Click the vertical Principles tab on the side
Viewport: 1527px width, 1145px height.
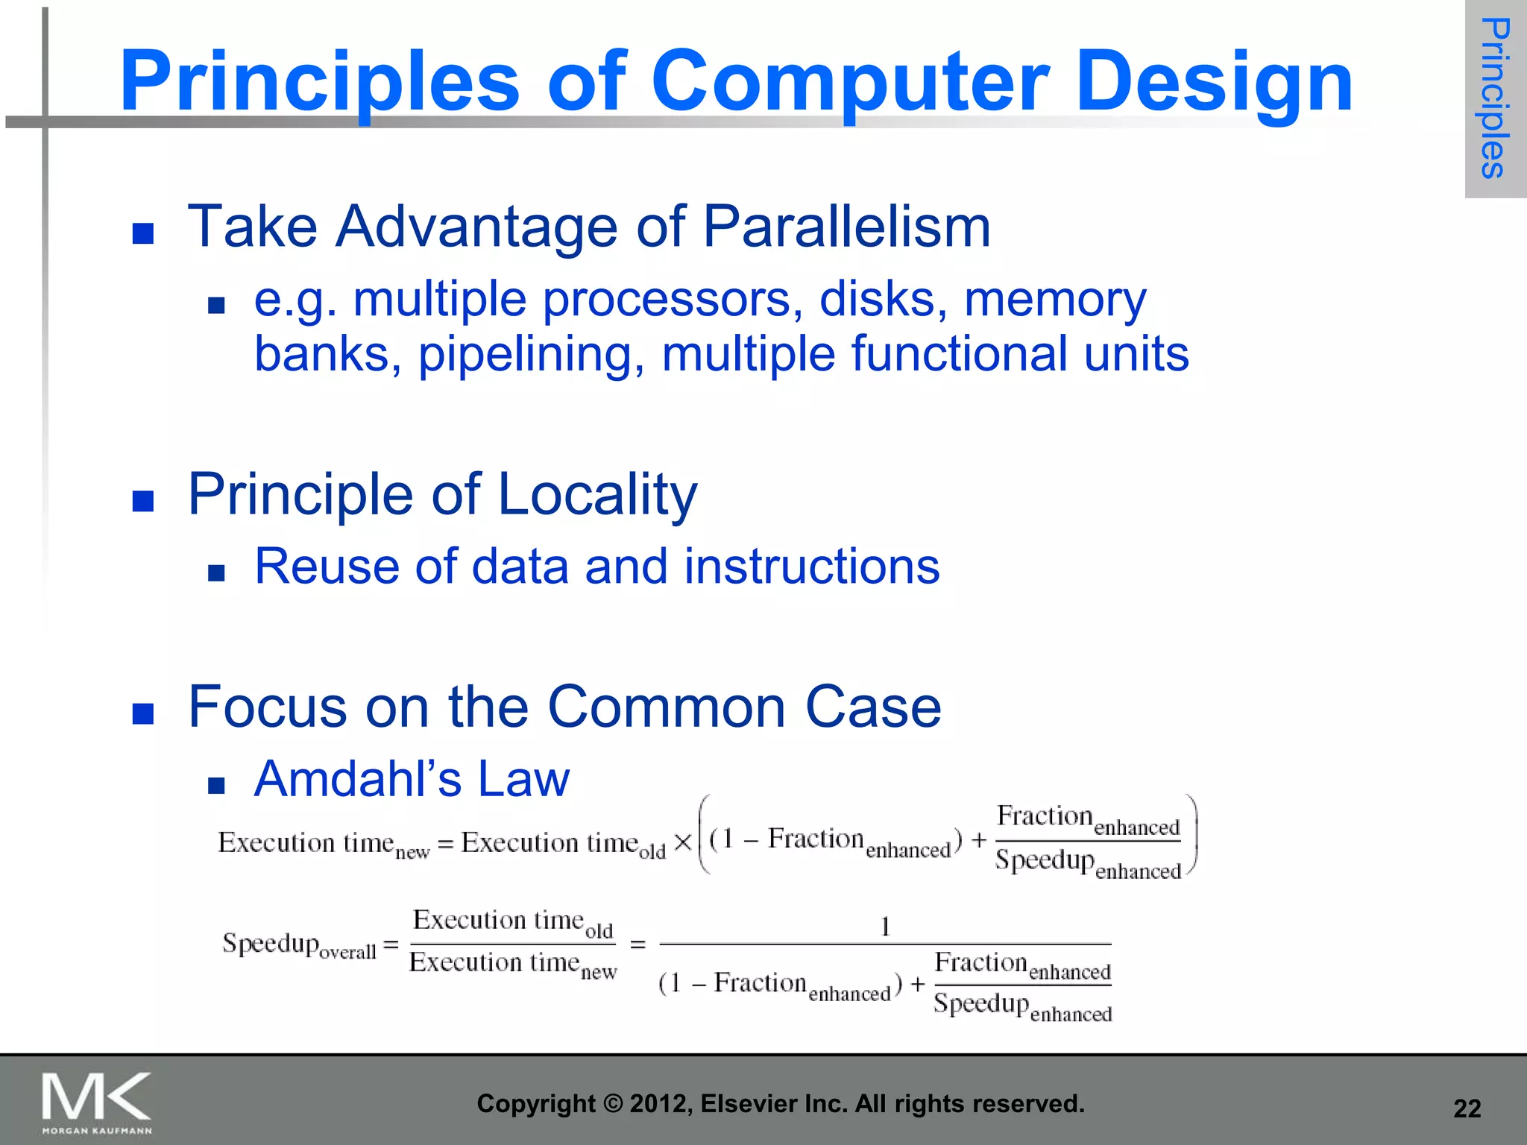[1495, 98]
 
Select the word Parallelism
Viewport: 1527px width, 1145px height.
[846, 227]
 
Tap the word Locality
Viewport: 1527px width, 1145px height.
[596, 495]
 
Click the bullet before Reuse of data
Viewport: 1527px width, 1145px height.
[216, 572]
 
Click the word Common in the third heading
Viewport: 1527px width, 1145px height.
[667, 707]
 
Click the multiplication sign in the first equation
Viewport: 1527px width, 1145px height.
[682, 843]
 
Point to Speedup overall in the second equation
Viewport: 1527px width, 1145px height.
[299, 945]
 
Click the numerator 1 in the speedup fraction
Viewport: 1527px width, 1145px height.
[885, 927]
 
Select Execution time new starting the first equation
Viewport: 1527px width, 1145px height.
[323, 845]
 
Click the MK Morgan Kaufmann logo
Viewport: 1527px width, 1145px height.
[97, 1102]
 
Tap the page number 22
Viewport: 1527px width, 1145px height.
[1467, 1109]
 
